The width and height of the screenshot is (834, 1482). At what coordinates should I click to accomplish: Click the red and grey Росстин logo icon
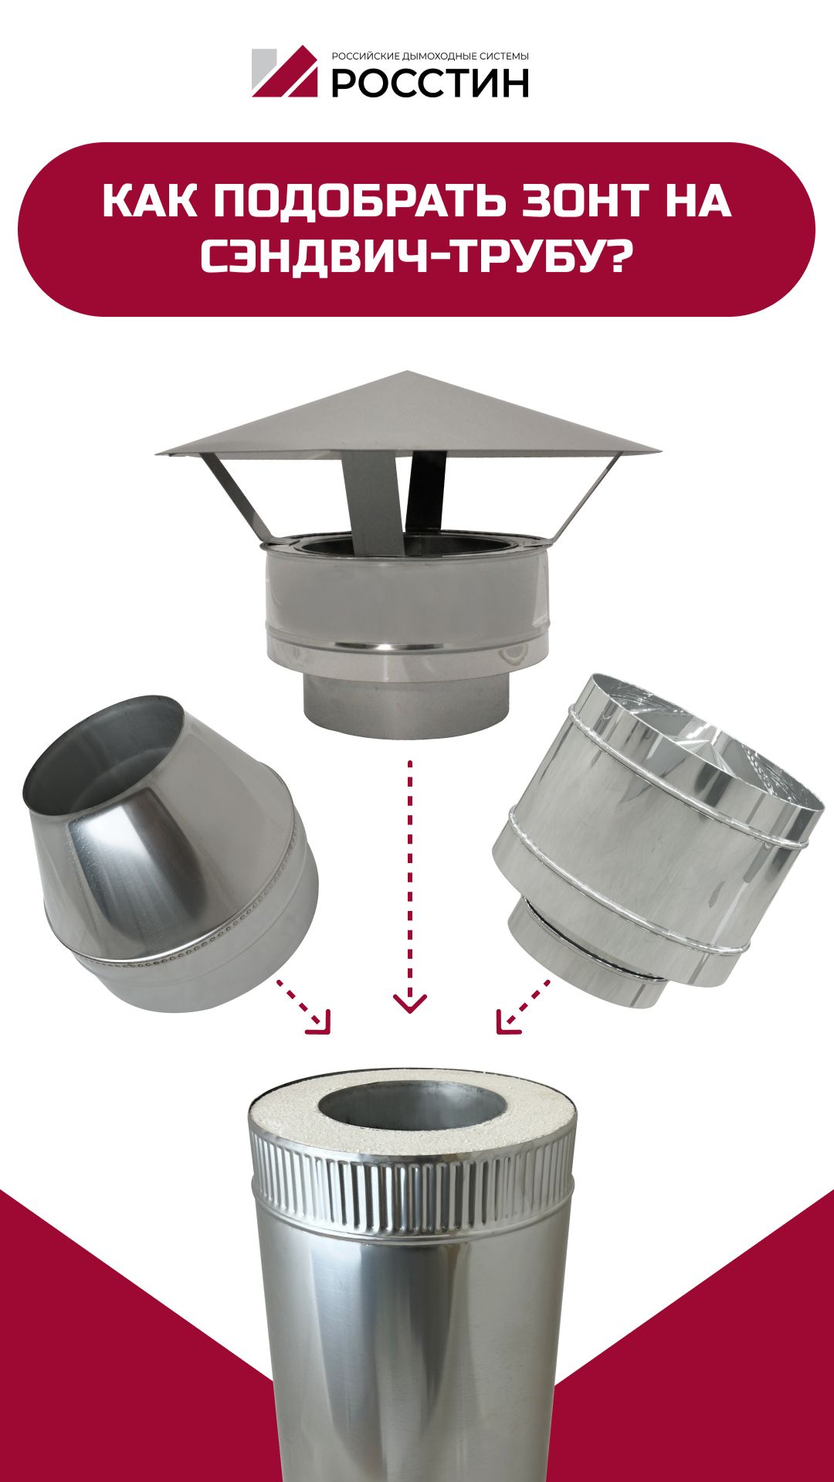[x=284, y=72]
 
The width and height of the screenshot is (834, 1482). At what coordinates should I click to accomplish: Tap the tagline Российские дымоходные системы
[x=430, y=56]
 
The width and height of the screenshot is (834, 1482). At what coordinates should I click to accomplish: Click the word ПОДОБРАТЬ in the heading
[x=360, y=201]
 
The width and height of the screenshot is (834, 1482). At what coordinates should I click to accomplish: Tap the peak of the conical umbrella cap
[x=408, y=372]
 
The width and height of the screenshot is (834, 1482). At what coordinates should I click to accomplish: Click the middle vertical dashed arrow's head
[x=409, y=1003]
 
